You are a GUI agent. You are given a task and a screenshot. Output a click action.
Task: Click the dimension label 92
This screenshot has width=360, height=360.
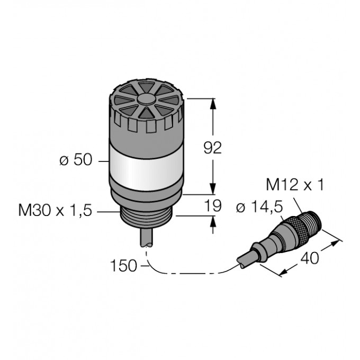(213, 148)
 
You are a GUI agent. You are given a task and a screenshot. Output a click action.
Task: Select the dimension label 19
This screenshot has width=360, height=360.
(213, 205)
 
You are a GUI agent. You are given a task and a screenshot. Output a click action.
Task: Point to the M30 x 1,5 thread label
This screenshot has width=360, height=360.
(55, 210)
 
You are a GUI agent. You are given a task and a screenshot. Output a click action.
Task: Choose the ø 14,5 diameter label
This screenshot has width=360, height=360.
(259, 208)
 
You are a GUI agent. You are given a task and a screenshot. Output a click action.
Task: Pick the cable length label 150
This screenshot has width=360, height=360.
(124, 266)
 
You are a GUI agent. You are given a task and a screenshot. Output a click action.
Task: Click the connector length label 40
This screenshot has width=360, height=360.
(310, 258)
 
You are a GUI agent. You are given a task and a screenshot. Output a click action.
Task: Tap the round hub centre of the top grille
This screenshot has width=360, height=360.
(146, 99)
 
